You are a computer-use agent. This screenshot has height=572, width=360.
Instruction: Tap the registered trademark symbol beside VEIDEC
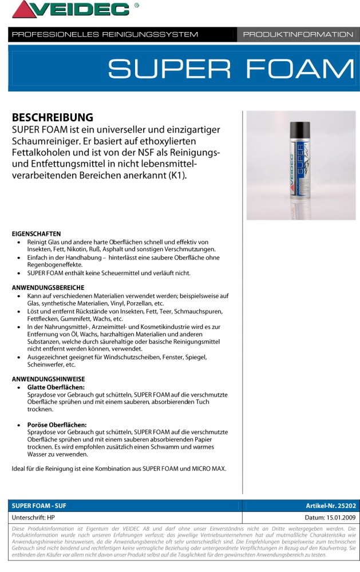tap(136, 5)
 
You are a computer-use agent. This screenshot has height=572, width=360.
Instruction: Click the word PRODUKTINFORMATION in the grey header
tap(298, 34)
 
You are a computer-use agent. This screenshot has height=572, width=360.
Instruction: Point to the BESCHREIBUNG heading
tap(52, 117)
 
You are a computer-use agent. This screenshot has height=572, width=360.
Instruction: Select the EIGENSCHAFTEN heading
tap(37, 234)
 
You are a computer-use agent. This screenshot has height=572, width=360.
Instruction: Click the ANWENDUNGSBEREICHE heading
tap(48, 287)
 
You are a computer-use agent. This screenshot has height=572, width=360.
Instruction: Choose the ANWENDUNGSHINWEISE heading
tap(49, 379)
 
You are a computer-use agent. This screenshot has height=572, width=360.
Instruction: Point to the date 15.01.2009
tap(337, 517)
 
